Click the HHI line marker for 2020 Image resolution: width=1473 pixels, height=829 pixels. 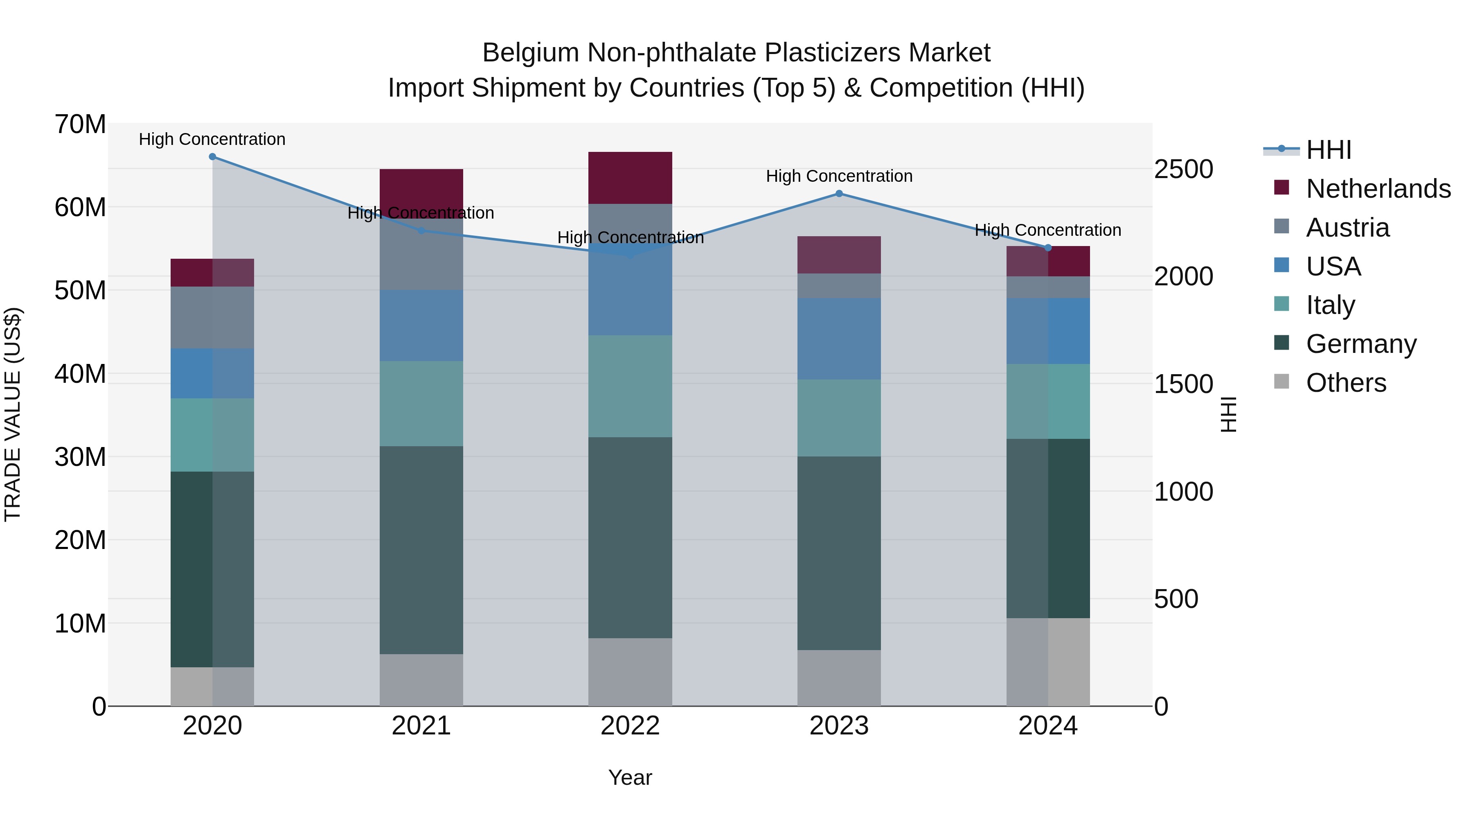(x=212, y=157)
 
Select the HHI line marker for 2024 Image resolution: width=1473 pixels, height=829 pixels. (x=1047, y=248)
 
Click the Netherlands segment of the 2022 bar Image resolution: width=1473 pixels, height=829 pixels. (x=630, y=178)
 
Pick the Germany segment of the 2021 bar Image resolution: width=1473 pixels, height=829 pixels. (x=421, y=550)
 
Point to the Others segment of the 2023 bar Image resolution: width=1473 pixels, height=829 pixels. (x=839, y=678)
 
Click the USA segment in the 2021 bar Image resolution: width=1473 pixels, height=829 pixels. (x=421, y=325)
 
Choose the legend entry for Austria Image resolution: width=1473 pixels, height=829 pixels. (x=1347, y=228)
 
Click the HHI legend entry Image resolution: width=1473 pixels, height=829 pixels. (x=1328, y=150)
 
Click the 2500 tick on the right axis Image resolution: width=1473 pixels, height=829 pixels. (x=1183, y=169)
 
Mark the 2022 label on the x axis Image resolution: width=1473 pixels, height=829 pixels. (x=630, y=726)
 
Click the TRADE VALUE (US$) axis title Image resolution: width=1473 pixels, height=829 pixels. (x=13, y=414)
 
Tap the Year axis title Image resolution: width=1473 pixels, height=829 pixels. (x=630, y=777)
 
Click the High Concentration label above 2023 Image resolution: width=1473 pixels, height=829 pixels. (x=839, y=176)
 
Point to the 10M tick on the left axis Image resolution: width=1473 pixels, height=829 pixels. (x=80, y=623)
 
